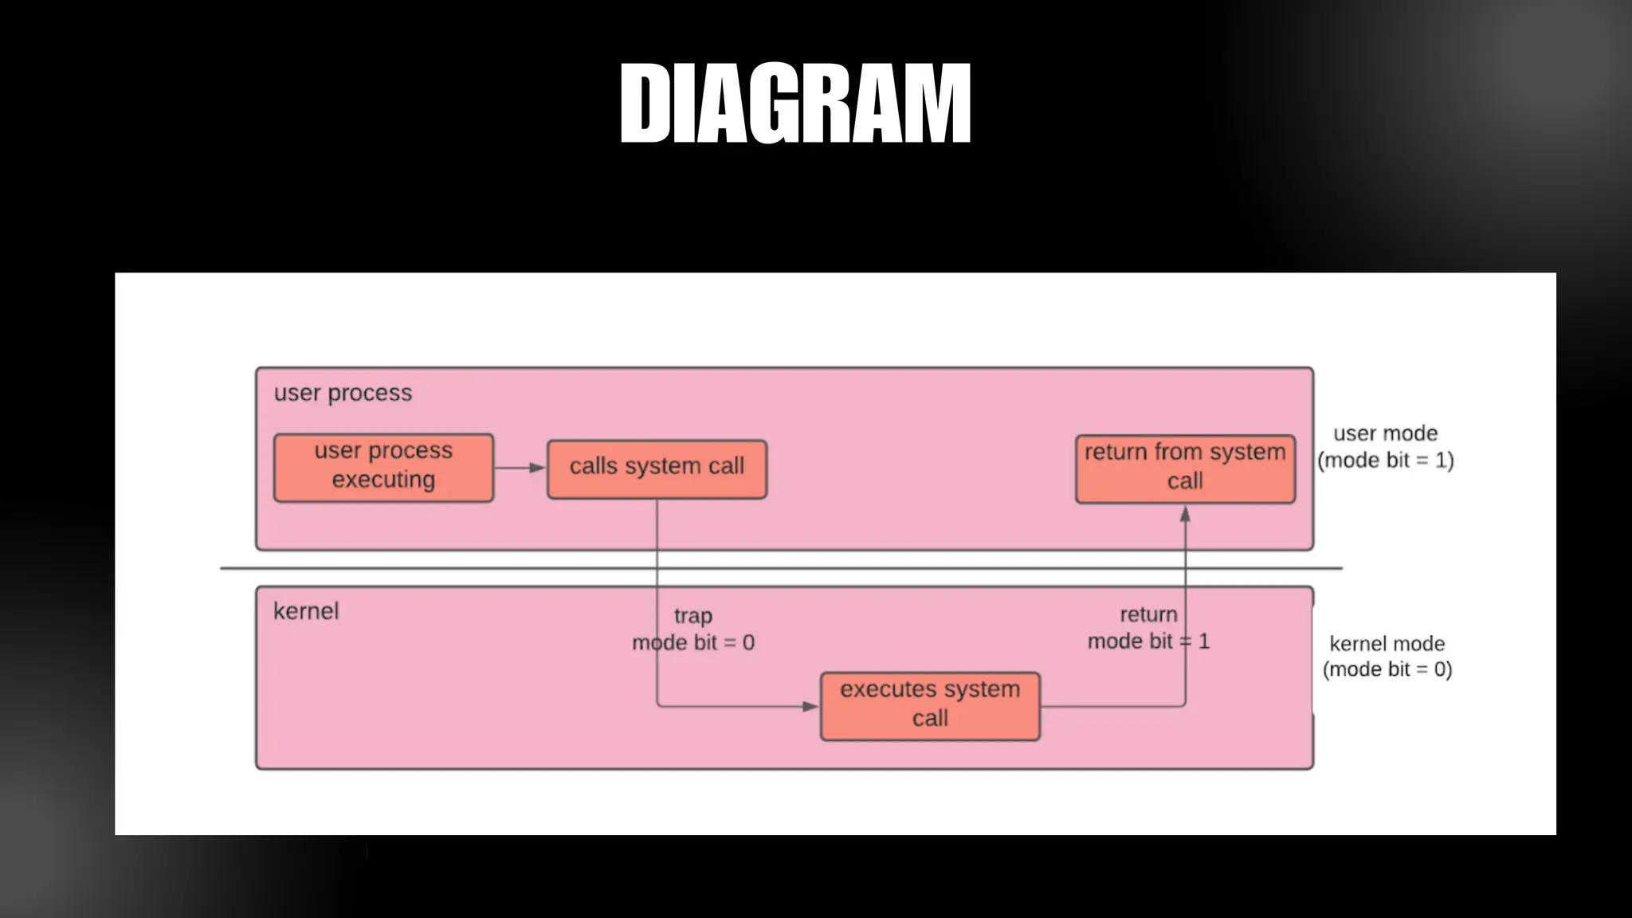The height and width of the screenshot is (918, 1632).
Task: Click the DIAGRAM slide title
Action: click(x=795, y=104)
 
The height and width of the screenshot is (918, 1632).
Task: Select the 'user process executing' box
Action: click(x=383, y=467)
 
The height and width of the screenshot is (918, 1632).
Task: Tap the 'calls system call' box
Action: click(x=657, y=469)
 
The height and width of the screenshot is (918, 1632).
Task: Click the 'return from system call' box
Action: click(x=1185, y=469)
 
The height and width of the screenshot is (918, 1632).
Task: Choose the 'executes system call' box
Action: click(x=930, y=705)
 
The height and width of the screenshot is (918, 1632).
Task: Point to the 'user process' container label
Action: click(x=343, y=393)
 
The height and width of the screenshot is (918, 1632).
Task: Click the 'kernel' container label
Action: click(x=306, y=611)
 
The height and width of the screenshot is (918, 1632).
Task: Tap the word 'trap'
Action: click(x=693, y=616)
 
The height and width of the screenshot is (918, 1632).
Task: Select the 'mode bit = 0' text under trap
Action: click(x=693, y=642)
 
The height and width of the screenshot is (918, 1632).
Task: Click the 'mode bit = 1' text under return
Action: click(x=1148, y=641)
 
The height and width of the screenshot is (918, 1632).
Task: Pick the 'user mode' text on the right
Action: click(x=1386, y=433)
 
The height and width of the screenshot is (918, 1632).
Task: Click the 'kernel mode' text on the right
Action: click(x=1387, y=644)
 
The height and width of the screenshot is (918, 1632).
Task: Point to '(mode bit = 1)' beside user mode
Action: click(x=1386, y=461)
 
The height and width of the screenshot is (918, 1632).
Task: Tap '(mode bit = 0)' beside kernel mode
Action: click(x=1387, y=669)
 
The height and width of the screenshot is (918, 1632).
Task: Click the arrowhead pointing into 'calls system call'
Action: click(x=538, y=468)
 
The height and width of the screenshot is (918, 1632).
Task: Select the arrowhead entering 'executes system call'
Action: click(x=810, y=706)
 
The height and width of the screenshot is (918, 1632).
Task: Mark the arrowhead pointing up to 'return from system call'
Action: click(x=1185, y=515)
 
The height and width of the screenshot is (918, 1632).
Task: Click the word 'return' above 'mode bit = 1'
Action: click(x=1148, y=614)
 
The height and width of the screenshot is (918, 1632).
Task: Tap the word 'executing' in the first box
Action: click(x=383, y=480)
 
